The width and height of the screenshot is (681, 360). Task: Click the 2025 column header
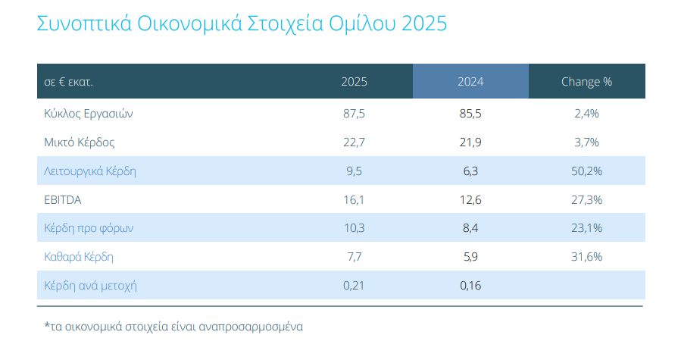[354, 81]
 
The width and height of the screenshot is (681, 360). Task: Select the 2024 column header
[470, 81]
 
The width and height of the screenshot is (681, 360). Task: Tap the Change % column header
[586, 81]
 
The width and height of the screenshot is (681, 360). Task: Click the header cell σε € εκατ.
[73, 81]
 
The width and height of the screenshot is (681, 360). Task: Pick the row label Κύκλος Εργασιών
[89, 114]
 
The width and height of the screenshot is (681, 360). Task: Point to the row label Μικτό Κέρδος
[80, 142]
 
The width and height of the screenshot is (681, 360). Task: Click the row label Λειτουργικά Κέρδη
[90, 171]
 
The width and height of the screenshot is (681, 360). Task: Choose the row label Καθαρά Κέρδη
[79, 257]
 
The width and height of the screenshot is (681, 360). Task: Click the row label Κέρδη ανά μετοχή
[90, 286]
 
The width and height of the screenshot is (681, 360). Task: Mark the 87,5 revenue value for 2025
[354, 114]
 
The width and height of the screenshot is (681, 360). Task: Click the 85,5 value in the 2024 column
[470, 114]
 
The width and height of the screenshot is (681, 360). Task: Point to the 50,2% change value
[586, 171]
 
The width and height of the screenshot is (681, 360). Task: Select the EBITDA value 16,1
[354, 199]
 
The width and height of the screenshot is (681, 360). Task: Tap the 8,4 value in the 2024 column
[470, 228]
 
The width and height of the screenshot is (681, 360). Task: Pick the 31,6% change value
[586, 257]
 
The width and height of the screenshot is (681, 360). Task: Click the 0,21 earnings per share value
[354, 286]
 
